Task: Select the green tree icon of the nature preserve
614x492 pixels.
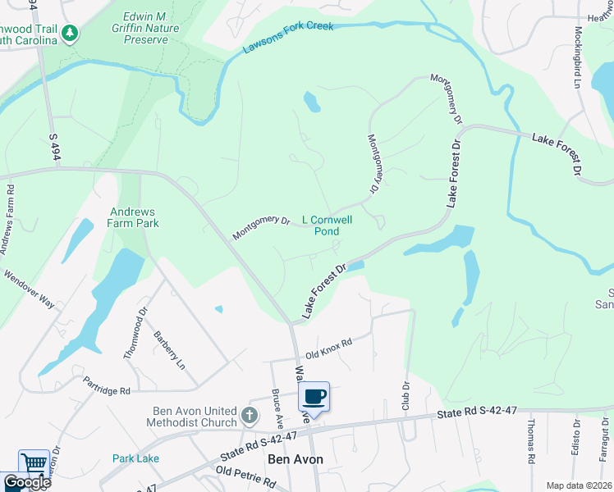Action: pyautogui.click(x=71, y=33)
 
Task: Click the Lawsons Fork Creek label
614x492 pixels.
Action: pyautogui.click(x=287, y=38)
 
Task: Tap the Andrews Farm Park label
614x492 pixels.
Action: pyautogui.click(x=134, y=216)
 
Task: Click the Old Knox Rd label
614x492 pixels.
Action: pyautogui.click(x=328, y=348)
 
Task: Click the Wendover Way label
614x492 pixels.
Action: pyautogui.click(x=29, y=289)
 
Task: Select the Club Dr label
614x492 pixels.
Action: pyautogui.click(x=406, y=396)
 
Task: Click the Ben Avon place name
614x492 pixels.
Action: pyautogui.click(x=296, y=460)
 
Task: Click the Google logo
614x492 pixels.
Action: pyautogui.click(x=27, y=482)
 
